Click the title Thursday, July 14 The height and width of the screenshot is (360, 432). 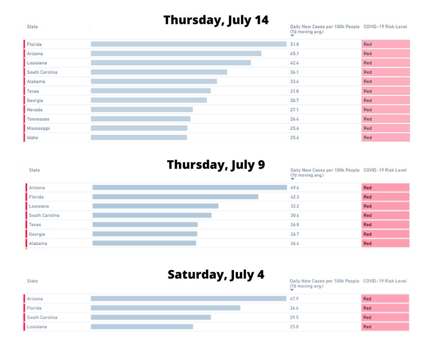[216, 20]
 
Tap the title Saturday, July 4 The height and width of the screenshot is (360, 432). [216, 274]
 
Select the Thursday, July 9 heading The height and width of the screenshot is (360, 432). [216, 165]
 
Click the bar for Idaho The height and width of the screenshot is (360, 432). [139, 137]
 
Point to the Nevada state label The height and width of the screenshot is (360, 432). [35, 110]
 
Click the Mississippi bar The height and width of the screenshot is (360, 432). [139, 128]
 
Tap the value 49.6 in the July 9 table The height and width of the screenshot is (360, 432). [295, 188]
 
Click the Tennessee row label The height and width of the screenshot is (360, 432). [38, 119]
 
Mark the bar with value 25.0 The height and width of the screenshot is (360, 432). [142, 327]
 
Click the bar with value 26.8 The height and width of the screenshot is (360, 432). [145, 225]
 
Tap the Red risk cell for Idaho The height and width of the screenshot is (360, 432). [385, 137]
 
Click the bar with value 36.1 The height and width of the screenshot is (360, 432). [159, 72]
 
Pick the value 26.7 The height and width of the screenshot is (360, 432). [295, 234]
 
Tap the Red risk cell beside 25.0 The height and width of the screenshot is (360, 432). [385, 327]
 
